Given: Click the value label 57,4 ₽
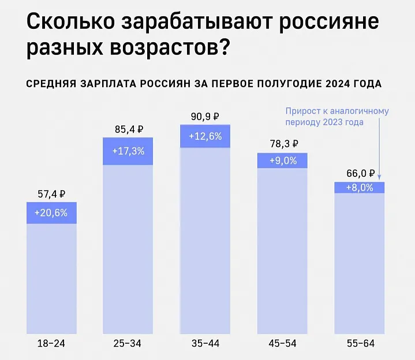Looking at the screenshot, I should coord(51,195).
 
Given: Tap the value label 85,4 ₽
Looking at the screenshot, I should coord(128,129).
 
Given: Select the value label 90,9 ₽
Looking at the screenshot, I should coord(205,117).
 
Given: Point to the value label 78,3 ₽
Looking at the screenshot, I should coord(282,144).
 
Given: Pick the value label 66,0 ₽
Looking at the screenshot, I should coord(360,173).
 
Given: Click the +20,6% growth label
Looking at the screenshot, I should coord(51,213).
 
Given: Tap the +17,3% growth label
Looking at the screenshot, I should coord(128,151).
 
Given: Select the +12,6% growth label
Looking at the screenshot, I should coord(205,137).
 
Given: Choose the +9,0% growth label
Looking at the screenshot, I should coord(282,161).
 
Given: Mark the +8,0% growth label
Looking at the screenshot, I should coord(360,188).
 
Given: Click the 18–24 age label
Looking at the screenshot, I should coord(51,343).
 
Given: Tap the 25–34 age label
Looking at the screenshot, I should coord(128,343).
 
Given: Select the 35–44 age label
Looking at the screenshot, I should coord(205,343).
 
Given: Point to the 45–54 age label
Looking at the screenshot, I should coord(282,343).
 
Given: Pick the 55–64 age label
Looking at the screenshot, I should coord(360,343).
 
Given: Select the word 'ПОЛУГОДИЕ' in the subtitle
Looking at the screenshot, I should coord(273,84).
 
